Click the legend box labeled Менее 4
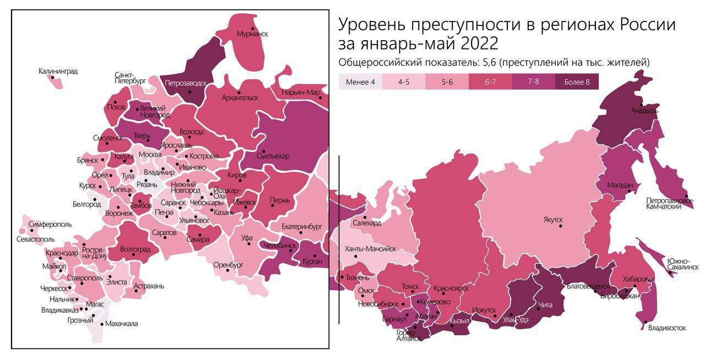(360, 82)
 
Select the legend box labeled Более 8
(577, 82)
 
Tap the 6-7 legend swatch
(490, 82)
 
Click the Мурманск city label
(252, 34)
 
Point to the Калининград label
(58, 71)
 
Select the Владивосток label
(667, 328)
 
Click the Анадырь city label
(644, 110)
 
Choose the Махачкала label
(121, 324)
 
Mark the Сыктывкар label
(273, 156)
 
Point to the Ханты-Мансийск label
(370, 249)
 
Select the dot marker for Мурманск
(253, 28)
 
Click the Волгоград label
(135, 249)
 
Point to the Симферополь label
(50, 225)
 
